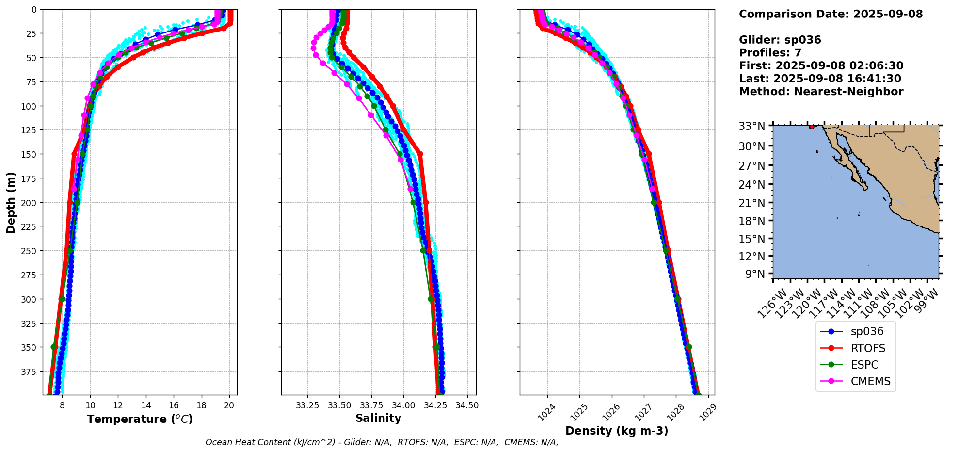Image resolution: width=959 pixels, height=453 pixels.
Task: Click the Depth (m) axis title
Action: point(11,202)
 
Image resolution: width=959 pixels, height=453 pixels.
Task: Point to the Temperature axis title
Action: point(140,419)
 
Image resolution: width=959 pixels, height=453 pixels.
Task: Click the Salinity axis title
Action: point(378,418)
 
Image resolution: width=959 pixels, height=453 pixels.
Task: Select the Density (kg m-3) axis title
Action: point(617,431)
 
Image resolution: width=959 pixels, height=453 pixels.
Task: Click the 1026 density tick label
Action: point(607,412)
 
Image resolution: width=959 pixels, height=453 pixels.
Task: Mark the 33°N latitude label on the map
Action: point(751,127)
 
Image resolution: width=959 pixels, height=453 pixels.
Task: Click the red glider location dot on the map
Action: point(812,127)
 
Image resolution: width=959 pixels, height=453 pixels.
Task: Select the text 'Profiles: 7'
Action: point(770,53)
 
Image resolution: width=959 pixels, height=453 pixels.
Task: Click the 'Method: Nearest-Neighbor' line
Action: point(821,92)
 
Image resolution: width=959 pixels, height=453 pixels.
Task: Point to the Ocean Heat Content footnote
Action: point(382,442)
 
